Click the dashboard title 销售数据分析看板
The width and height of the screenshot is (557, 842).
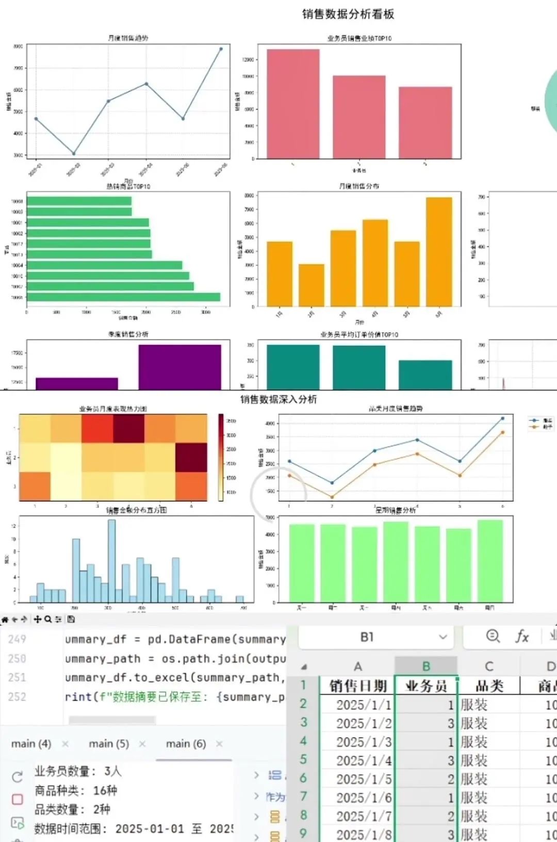348,14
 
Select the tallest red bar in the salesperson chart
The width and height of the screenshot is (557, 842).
293,103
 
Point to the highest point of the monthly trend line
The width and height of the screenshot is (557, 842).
221,49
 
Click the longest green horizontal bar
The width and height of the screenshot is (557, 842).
124,297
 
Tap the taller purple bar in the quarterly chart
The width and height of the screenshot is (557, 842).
179,366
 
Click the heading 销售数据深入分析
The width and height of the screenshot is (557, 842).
278,399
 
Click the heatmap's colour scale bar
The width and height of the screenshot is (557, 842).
221,457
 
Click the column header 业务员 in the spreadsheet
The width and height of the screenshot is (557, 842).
426,686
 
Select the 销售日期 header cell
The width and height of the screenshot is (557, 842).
358,686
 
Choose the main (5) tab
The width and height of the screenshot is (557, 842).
109,743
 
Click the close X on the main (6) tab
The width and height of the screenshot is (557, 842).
220,743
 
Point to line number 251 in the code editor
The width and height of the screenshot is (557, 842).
17,677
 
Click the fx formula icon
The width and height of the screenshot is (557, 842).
522,637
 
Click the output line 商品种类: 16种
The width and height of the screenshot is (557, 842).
76,790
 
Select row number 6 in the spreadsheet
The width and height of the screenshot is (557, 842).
304,778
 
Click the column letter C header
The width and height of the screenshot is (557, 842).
489,667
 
